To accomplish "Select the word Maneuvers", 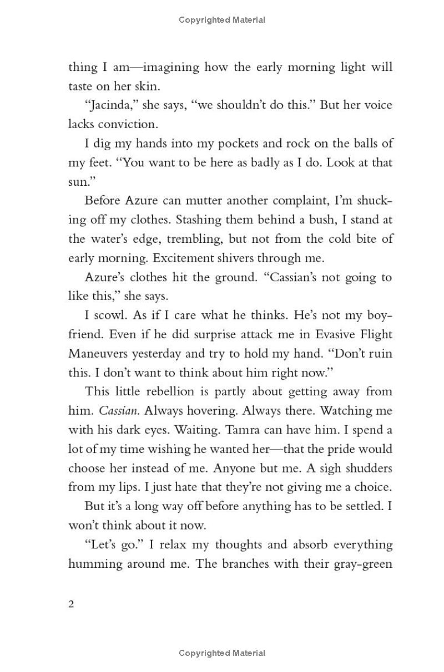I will click(100, 353).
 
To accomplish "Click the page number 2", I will click(71, 604).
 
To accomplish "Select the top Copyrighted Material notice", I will click(222, 20).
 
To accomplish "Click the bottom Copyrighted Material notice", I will click(222, 653).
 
